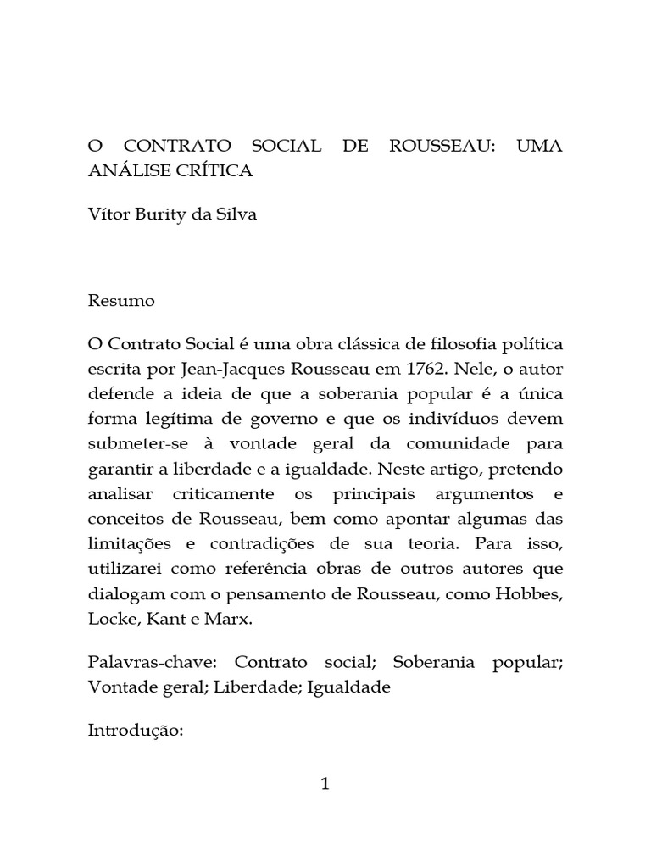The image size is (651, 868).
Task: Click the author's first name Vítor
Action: point(108,214)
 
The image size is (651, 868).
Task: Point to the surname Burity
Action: point(170,214)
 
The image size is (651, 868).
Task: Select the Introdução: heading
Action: point(136,731)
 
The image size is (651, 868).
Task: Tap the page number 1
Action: point(325,784)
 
